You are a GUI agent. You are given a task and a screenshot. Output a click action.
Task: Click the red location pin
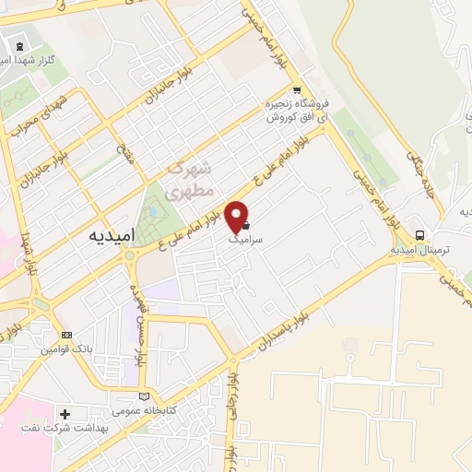(x=238, y=214)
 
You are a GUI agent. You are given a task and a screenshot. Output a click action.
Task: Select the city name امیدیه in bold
(x=113, y=235)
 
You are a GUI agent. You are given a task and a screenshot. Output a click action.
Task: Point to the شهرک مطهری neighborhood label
(x=192, y=181)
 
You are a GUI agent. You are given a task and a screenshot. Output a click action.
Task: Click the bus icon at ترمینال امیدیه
(x=420, y=234)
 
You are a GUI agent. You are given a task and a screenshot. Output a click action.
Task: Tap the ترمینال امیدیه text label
(x=420, y=249)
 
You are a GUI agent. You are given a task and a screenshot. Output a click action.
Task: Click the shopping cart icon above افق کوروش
(x=295, y=90)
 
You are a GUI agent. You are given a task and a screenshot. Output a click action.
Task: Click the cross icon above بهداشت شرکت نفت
(x=65, y=413)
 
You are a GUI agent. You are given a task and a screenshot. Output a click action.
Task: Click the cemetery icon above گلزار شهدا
(x=20, y=45)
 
